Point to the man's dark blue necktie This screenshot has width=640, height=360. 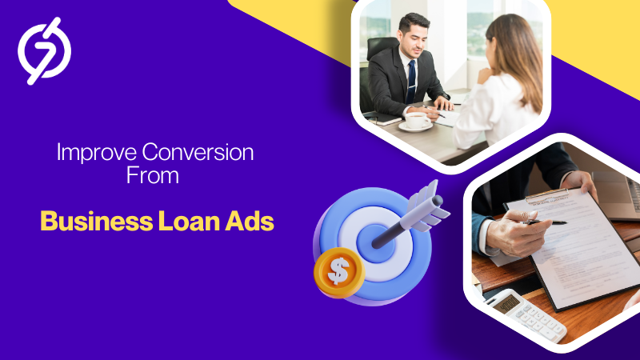[411, 81]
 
